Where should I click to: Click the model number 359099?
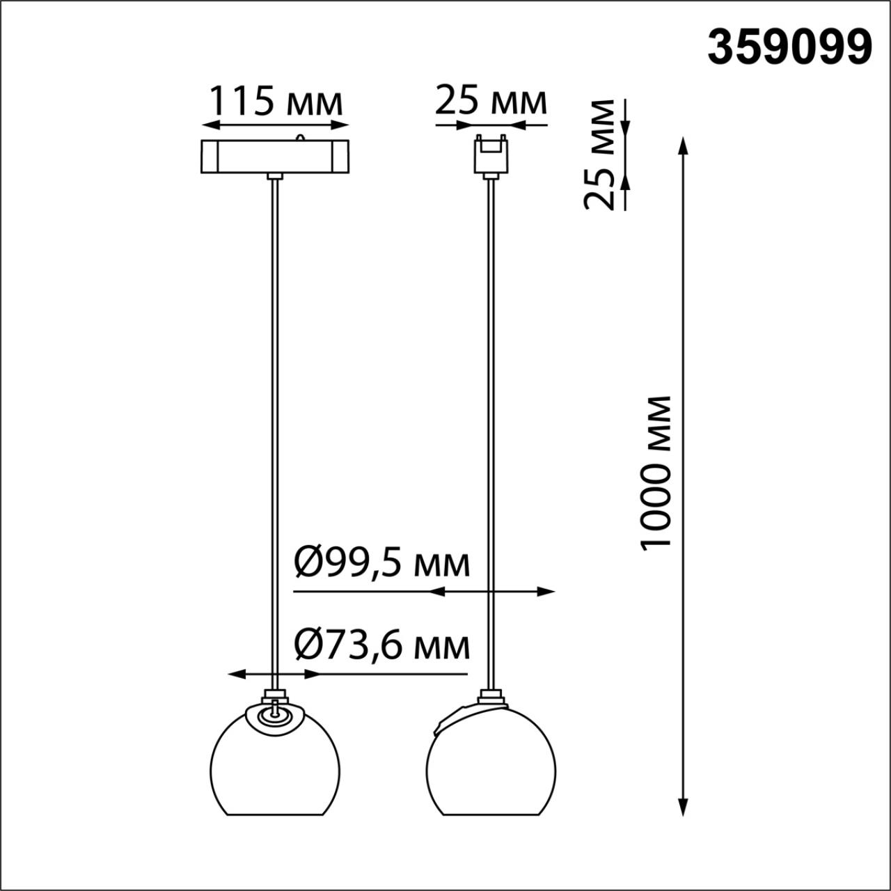point(789,48)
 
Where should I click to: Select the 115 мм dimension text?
point(276,102)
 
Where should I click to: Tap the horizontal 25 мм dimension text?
point(491,102)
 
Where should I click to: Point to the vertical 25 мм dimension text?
point(600,155)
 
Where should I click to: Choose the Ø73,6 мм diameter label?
point(382,645)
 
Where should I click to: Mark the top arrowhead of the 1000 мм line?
point(684,147)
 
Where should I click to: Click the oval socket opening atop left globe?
point(276,717)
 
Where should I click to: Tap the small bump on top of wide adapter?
point(301,137)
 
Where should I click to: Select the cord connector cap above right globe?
point(491,695)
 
